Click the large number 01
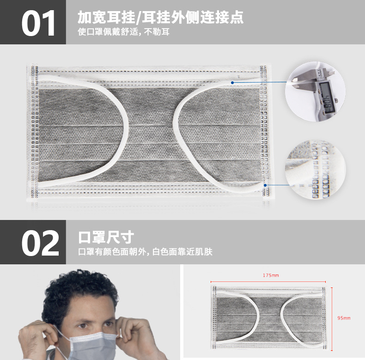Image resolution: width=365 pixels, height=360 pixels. [x=39, y=23]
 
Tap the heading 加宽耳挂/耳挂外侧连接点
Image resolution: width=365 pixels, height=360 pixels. [x=161, y=18]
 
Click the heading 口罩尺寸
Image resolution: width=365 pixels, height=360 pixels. [x=106, y=238]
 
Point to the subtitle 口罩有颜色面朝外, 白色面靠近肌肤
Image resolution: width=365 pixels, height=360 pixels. [x=146, y=252]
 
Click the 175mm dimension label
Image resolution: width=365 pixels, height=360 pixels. [x=271, y=275]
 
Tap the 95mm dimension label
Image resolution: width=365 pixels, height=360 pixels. [x=344, y=318]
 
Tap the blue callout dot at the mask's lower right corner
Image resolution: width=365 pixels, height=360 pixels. [x=265, y=185]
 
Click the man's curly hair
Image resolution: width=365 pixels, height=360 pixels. [x=81, y=288]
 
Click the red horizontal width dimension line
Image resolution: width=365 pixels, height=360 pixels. [x=268, y=281]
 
